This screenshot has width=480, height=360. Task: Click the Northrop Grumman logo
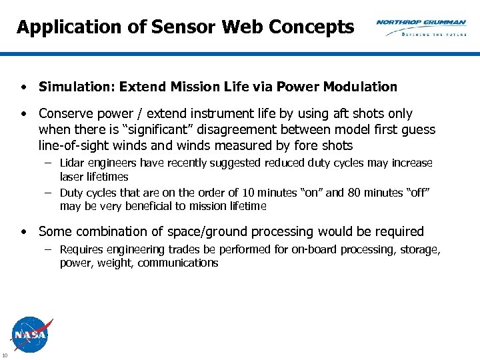[x=421, y=23]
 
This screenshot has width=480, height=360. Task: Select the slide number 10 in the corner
[x=5, y=353]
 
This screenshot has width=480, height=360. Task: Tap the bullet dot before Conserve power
[x=23, y=114]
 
